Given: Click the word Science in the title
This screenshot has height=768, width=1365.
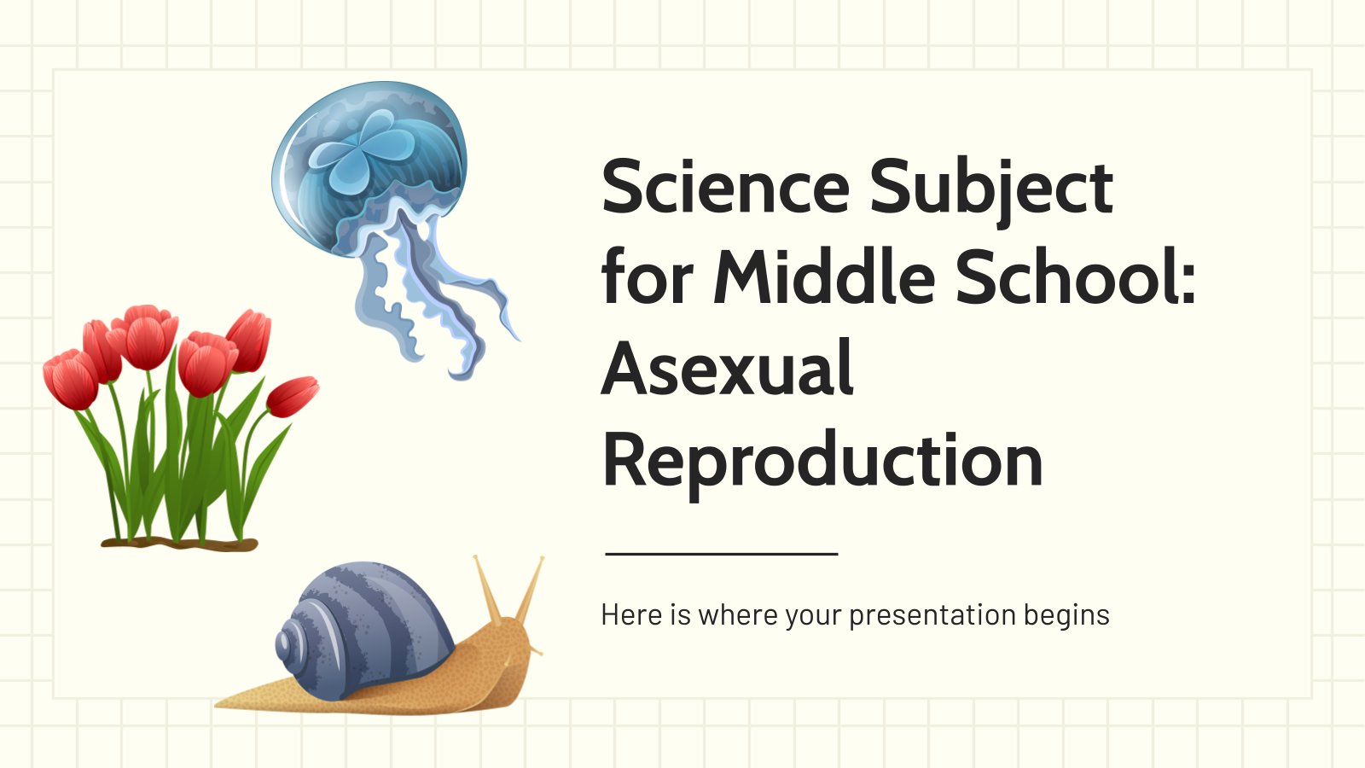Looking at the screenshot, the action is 725,187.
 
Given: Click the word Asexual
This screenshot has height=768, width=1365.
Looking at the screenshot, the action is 728,368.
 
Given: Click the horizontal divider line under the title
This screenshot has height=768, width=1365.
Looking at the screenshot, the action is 722,554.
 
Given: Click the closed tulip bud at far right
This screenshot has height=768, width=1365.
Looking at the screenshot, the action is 293,396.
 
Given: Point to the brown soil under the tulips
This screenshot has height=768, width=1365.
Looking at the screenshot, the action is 179,544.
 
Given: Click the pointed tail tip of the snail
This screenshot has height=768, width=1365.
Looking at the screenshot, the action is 217,706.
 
